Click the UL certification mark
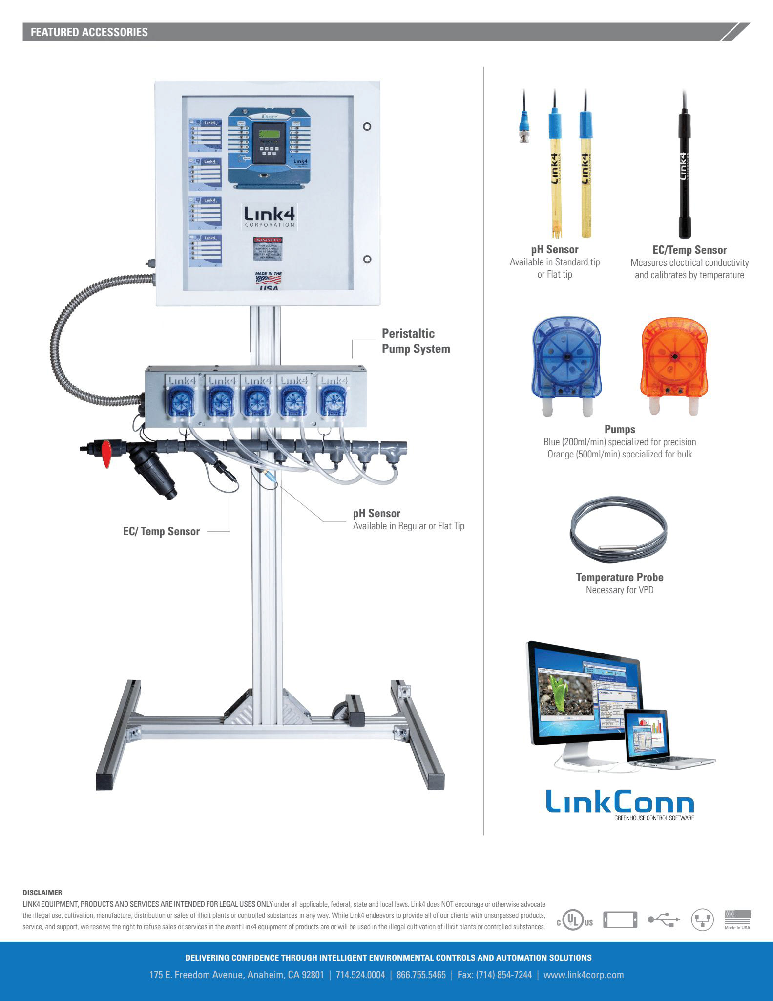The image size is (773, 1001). [575, 921]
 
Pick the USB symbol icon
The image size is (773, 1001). [664, 921]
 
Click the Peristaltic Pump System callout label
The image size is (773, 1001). [416, 341]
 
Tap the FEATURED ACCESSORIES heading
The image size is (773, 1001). [89, 32]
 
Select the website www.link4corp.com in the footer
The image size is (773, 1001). [584, 975]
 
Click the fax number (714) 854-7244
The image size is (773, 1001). [494, 975]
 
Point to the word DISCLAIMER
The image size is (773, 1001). [42, 892]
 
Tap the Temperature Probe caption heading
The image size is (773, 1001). [619, 577]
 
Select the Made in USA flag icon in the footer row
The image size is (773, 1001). [737, 919]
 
